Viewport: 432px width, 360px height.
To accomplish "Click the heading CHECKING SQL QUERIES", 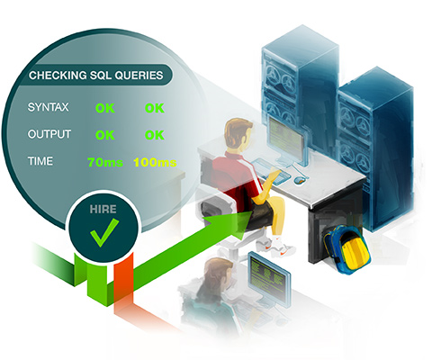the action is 96,75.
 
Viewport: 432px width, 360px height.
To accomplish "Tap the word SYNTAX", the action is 48,107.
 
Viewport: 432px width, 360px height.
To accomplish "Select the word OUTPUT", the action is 49,134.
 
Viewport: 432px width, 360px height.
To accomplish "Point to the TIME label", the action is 40,161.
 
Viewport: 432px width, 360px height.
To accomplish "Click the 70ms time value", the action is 105,162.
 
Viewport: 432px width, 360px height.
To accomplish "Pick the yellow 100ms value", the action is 155,162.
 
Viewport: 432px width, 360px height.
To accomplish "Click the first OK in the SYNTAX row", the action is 105,108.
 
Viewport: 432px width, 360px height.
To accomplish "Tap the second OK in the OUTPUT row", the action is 155,135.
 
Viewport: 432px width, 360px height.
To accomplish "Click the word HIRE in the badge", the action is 103,209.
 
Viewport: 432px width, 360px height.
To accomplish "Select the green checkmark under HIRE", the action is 103,232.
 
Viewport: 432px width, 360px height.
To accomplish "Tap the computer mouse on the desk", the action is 299,180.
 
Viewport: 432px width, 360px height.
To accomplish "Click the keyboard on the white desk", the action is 272,170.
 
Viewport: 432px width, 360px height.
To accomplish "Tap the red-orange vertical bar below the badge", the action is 123,277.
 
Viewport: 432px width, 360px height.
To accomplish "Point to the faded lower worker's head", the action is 219,272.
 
